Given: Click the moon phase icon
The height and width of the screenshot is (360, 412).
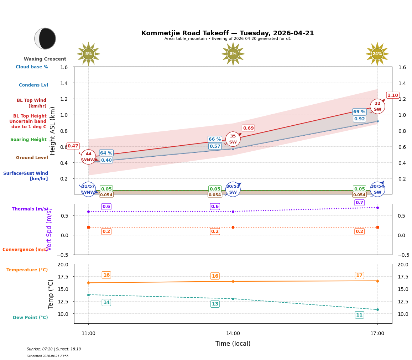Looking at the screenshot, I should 45,38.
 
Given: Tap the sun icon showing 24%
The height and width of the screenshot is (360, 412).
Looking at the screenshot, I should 377,54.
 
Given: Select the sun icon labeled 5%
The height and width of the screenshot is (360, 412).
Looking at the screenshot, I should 88,54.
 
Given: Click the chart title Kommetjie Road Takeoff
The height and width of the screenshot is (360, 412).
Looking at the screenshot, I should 228,33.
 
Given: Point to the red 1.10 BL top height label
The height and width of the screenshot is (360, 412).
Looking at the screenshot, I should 393,95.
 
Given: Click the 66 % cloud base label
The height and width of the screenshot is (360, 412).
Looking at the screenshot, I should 215,139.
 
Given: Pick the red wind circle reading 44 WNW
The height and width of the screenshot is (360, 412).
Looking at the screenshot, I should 88,157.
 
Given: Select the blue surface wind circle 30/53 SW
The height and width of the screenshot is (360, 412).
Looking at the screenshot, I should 233,189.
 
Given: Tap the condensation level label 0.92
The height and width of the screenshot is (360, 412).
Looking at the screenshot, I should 359,119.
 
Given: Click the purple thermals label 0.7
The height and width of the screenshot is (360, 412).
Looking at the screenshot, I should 359,203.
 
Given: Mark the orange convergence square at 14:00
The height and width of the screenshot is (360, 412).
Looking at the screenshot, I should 233,227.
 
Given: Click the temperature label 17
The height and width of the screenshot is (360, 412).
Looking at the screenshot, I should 359,275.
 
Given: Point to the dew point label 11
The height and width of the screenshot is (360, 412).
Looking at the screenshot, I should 359,315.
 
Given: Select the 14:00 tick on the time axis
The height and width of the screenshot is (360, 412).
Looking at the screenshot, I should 233,334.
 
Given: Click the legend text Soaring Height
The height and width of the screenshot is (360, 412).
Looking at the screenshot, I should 28,140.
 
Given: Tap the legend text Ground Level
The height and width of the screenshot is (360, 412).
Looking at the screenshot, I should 32,158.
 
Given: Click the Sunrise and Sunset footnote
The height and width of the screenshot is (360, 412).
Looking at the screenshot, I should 54,349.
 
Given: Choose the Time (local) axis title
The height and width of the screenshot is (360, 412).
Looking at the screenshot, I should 233,344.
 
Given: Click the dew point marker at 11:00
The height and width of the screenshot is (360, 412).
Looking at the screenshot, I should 88,295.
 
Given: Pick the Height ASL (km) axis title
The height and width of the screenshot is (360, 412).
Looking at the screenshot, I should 53,131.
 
